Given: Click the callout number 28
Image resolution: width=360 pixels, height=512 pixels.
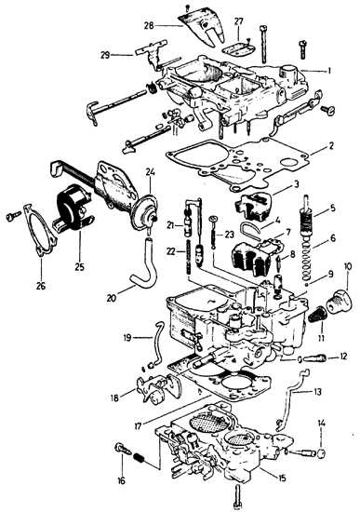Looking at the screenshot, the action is coord(149,25).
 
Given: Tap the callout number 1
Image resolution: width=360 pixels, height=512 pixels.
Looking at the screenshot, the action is coord(329,71).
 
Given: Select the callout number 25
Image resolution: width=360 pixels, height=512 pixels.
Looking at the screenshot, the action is coord(79,266).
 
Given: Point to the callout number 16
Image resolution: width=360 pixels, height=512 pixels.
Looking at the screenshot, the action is coord(121,480).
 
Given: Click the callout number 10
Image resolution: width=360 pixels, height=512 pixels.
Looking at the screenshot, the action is coord(348,266).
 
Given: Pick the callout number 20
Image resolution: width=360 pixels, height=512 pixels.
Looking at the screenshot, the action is coord(112,298).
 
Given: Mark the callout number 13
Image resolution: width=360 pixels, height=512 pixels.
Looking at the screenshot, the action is coord(317,391).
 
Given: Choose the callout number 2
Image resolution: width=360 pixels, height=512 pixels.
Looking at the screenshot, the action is coord(331,145).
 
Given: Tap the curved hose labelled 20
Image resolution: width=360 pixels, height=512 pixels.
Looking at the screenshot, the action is coord(144,262).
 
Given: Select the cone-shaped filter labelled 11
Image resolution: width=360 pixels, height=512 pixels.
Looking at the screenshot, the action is coord(316,315).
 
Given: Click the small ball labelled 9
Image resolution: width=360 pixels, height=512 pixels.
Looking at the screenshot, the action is coord(307,285).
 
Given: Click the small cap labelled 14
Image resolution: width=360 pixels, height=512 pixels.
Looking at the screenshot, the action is coord(322,453).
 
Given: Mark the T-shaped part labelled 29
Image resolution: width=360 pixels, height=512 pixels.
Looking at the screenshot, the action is coord(152,51).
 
